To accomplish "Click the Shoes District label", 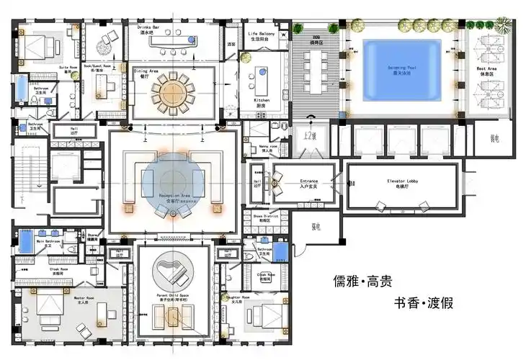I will click(265, 215).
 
